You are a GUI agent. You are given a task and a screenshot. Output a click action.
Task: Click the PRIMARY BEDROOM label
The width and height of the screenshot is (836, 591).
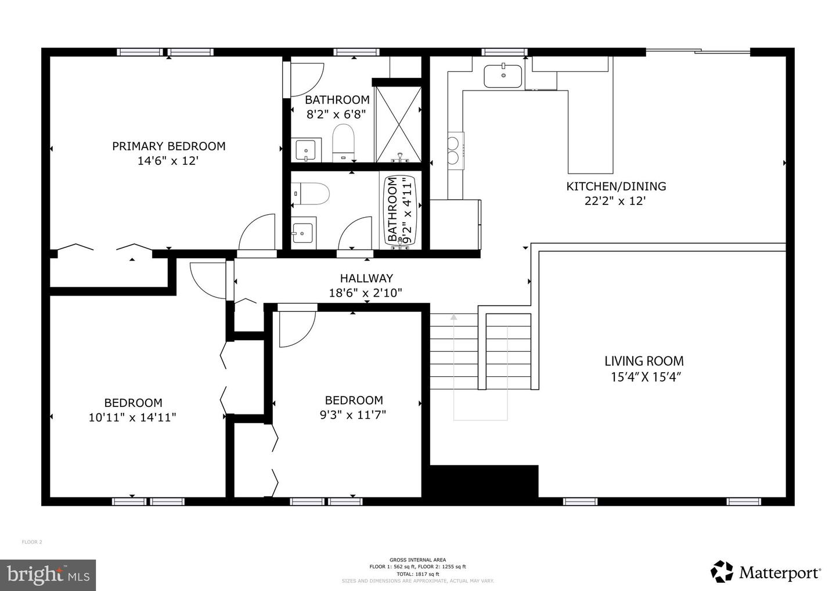tap(168, 146)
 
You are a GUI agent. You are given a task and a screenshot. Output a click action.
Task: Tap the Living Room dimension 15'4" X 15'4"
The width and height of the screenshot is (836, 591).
tap(645, 377)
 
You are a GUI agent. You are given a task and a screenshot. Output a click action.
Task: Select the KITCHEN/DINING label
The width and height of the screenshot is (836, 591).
tap(616, 186)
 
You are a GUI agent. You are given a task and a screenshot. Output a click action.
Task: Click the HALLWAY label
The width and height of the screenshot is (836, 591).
tap(366, 278)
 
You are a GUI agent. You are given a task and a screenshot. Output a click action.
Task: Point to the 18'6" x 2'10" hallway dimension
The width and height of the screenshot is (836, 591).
tap(366, 293)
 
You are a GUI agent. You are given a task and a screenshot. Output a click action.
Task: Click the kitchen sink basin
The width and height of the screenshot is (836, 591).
tap(503, 76)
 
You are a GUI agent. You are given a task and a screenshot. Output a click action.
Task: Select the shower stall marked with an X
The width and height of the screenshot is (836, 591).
tap(398, 124)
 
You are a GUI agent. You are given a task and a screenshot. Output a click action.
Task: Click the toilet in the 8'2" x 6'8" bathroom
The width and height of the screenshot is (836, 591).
tap(343, 142)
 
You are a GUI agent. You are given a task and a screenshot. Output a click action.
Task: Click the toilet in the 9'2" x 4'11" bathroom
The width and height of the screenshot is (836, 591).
tap(312, 193)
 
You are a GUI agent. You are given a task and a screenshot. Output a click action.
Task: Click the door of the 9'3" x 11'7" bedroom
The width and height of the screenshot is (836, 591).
tap(296, 329)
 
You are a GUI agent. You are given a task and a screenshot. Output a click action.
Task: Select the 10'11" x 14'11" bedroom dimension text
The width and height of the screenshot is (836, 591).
tap(132, 417)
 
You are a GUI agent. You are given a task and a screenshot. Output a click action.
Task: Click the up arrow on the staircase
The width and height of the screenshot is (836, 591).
tap(454, 317)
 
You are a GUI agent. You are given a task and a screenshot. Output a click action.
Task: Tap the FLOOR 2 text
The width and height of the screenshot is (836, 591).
tap(32, 542)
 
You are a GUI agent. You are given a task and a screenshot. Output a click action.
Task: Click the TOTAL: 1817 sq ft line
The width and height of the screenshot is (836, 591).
tap(417, 574)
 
